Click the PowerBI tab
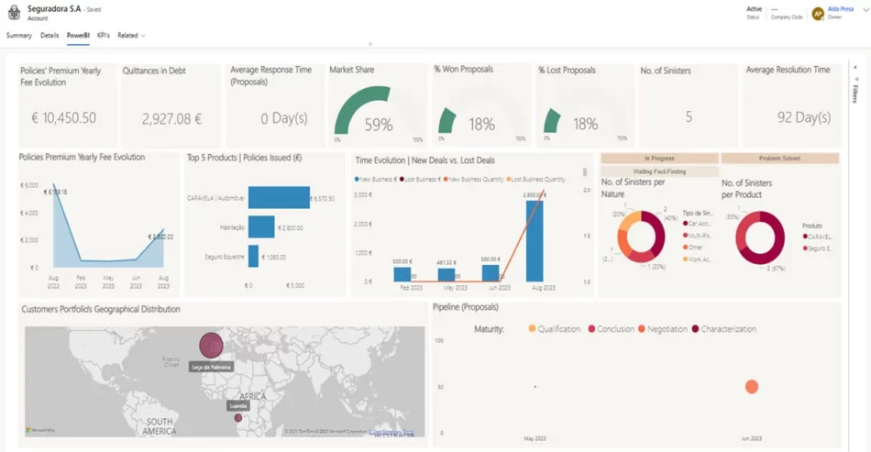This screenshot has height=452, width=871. [78, 36]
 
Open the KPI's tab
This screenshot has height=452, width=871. [104, 36]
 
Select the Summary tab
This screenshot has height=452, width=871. [19, 36]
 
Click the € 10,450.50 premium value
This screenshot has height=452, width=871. [63, 118]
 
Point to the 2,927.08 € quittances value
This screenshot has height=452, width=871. [171, 118]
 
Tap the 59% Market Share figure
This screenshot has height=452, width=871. [379, 125]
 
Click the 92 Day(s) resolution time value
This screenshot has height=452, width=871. [803, 118]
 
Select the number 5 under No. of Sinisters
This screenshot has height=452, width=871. [689, 117]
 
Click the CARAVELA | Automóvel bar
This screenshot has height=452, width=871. [279, 198]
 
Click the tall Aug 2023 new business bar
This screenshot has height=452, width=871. [535, 240]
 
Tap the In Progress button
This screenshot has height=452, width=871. [659, 159]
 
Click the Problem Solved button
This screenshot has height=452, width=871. [779, 159]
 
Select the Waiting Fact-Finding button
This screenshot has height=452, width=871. [659, 171]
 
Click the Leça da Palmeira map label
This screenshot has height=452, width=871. [211, 367]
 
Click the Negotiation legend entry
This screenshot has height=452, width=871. [667, 328]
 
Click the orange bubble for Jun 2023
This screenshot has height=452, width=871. [752, 387]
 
